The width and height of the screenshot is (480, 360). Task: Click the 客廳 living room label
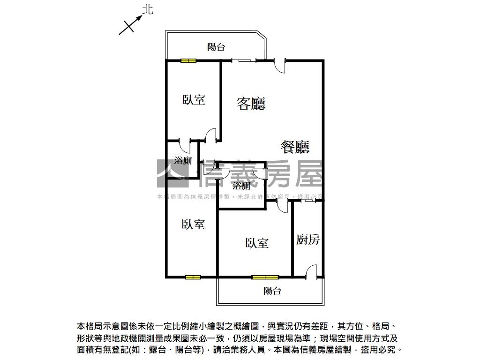(251, 103)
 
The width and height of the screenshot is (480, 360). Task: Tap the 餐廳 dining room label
(295, 147)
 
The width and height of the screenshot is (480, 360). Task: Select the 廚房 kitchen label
(308, 240)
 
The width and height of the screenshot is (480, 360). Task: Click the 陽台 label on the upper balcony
(216, 47)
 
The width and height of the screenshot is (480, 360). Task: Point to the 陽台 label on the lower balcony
(272, 291)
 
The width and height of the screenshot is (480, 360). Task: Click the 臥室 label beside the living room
(194, 99)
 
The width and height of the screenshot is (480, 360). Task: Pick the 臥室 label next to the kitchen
(257, 243)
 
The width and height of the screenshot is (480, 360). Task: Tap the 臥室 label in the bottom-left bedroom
(193, 225)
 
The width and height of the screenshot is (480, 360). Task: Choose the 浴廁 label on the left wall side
(183, 161)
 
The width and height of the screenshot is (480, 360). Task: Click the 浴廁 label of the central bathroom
(241, 185)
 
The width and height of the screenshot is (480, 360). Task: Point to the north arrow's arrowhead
(140, 17)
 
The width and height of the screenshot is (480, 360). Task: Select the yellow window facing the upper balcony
(189, 60)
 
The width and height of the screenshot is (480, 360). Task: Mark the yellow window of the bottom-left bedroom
(193, 277)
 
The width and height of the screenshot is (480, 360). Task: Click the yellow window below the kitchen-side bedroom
(265, 277)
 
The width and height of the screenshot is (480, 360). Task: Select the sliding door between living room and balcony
(244, 60)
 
